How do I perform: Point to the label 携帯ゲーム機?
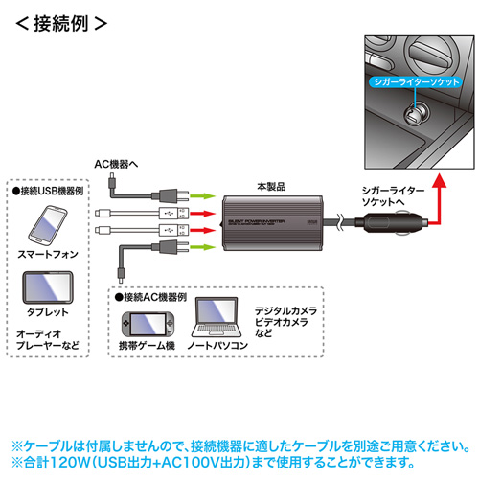tap(145, 343)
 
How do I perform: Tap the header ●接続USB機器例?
tap(53, 192)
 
